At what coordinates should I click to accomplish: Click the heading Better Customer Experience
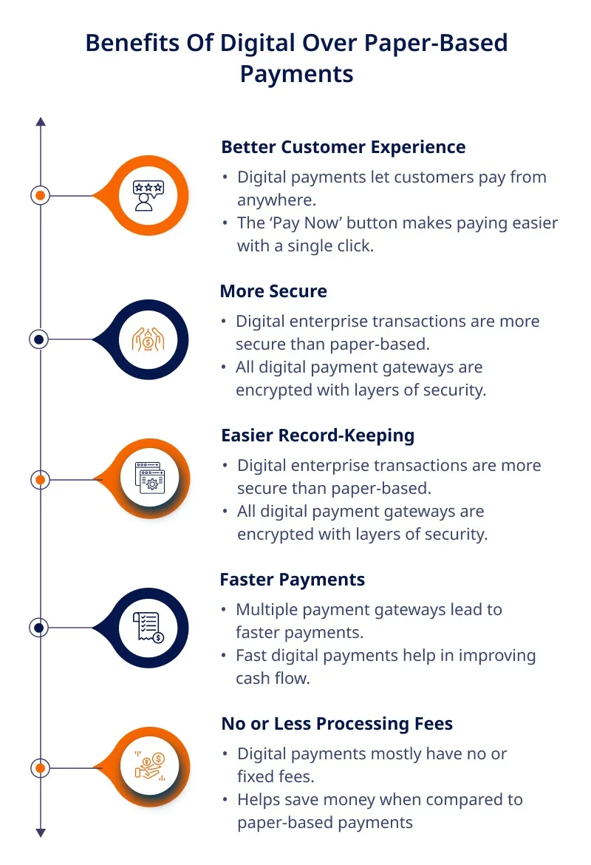[343, 147]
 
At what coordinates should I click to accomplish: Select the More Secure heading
[273, 291]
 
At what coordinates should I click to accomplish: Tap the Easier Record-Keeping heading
[318, 435]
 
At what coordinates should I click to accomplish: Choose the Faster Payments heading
[293, 580]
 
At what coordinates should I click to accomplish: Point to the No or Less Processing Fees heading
[337, 724]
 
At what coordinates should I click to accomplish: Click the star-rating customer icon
[148, 196]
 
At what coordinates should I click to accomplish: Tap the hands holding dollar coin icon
[148, 340]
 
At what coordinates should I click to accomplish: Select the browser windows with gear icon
[149, 478]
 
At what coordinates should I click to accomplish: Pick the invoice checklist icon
[148, 628]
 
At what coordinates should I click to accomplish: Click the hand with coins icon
[149, 767]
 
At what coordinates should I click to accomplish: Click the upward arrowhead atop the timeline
[40, 122]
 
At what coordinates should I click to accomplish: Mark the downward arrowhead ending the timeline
[40, 833]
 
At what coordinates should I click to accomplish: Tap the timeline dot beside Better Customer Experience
[40, 195]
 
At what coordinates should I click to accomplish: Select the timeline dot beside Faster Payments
[38, 628]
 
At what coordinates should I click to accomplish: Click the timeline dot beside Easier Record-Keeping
[40, 480]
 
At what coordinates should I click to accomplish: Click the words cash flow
[273, 679]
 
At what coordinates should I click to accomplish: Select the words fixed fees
[276, 777]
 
